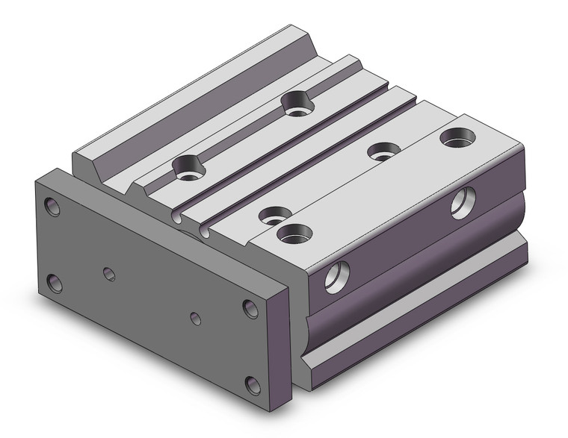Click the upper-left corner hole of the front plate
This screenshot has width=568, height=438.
click(x=52, y=206)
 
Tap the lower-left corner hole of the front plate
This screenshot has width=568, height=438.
click(x=55, y=283)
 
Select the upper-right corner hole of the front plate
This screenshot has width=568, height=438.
click(x=250, y=307)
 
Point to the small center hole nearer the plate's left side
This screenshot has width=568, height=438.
click(x=109, y=274)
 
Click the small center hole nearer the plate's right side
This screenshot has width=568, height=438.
click(x=195, y=319)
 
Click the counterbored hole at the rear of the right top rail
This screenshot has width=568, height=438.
click(x=454, y=139)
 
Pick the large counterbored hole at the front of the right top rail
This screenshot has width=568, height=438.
click(x=294, y=234)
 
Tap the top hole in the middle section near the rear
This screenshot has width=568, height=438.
click(x=383, y=151)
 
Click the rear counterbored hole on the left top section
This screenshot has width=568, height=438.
click(x=297, y=101)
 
